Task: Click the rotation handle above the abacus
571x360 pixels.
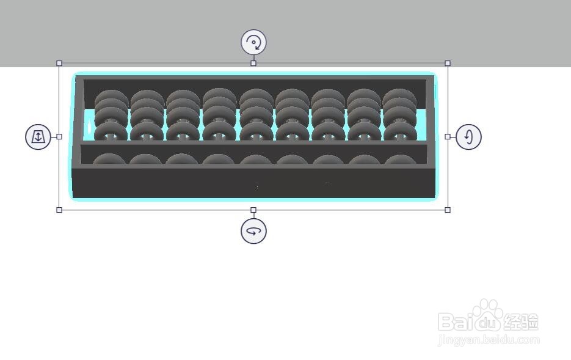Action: point(253,42)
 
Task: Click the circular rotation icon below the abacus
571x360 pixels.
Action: point(253,231)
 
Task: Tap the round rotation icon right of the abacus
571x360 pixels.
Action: point(468,137)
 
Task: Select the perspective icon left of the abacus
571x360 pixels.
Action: point(38,137)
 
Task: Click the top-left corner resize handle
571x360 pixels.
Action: point(59,64)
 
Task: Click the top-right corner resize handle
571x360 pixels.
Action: point(448,64)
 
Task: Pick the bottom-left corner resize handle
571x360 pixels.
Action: point(59,210)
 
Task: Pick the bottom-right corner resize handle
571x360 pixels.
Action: point(448,210)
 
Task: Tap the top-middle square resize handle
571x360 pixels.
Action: point(253,64)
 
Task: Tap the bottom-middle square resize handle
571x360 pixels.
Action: point(253,210)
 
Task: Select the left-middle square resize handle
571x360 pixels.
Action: point(59,137)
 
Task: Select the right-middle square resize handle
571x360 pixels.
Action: point(448,137)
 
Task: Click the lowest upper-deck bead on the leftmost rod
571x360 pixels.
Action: point(111,132)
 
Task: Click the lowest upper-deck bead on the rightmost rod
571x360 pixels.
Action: point(400,132)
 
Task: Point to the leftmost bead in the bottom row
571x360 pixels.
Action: point(109,159)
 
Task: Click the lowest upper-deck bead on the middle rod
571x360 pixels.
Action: point(256,132)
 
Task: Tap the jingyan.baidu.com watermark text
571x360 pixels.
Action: point(489,340)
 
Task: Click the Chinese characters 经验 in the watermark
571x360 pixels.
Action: point(521,321)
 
